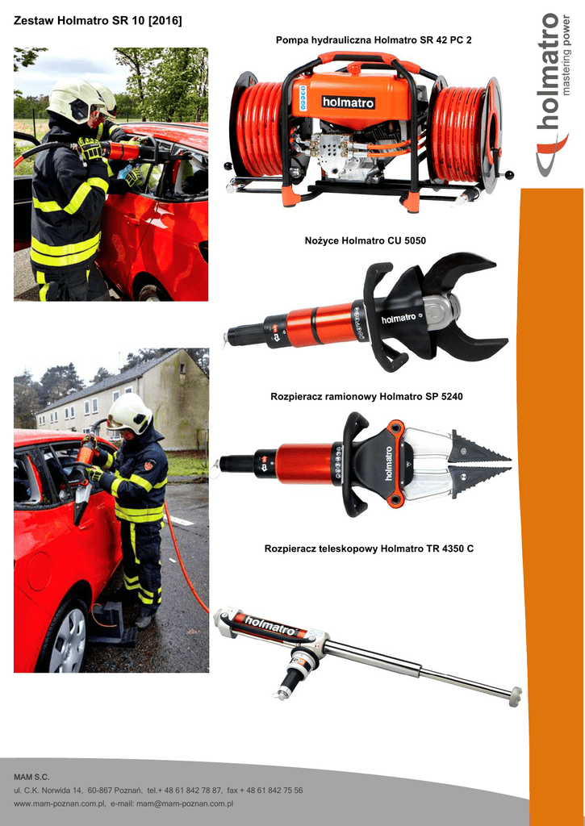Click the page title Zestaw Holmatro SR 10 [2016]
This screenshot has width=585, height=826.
point(98,21)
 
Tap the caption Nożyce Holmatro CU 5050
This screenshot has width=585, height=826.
point(366,240)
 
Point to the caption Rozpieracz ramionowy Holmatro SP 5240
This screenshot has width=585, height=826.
point(366,396)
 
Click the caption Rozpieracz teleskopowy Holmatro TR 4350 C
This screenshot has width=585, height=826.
point(369,549)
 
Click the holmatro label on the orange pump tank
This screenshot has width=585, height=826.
point(348,102)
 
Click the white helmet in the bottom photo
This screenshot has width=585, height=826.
point(130,413)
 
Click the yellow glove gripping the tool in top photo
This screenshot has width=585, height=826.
point(90,149)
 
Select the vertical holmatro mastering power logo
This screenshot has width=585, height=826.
point(553,95)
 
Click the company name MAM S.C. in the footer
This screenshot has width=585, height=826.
point(31,777)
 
